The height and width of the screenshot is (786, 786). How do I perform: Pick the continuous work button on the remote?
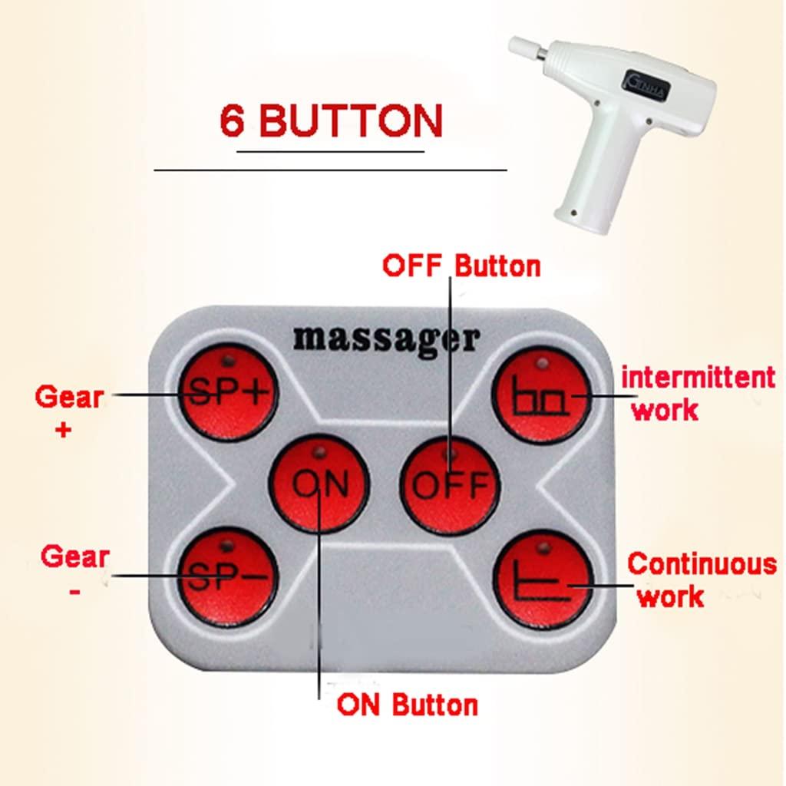point(542,580)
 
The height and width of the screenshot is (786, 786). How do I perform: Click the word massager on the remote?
point(386,339)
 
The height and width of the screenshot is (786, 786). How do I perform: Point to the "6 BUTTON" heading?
point(331,121)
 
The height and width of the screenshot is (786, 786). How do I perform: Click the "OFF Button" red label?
point(461,266)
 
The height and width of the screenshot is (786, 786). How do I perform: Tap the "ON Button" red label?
point(407,704)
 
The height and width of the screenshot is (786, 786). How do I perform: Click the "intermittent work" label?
point(697,392)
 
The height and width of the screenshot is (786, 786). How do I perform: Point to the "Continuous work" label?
point(701,578)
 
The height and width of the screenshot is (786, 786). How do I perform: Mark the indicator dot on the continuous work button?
point(542,548)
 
